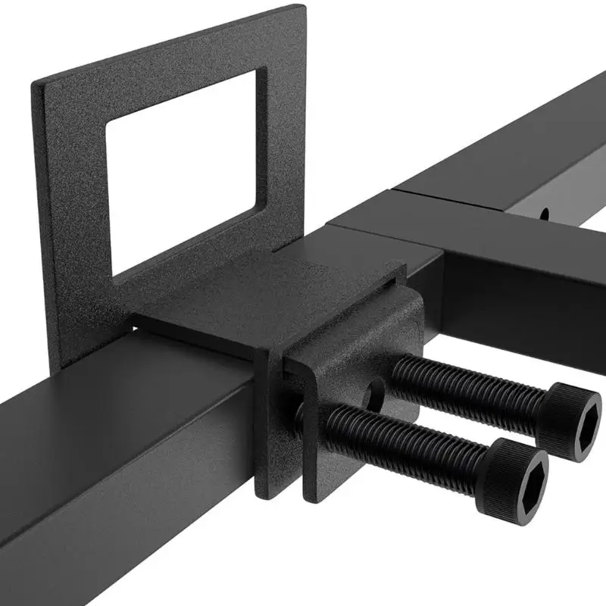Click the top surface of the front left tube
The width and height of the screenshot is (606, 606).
pos(136,401)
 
